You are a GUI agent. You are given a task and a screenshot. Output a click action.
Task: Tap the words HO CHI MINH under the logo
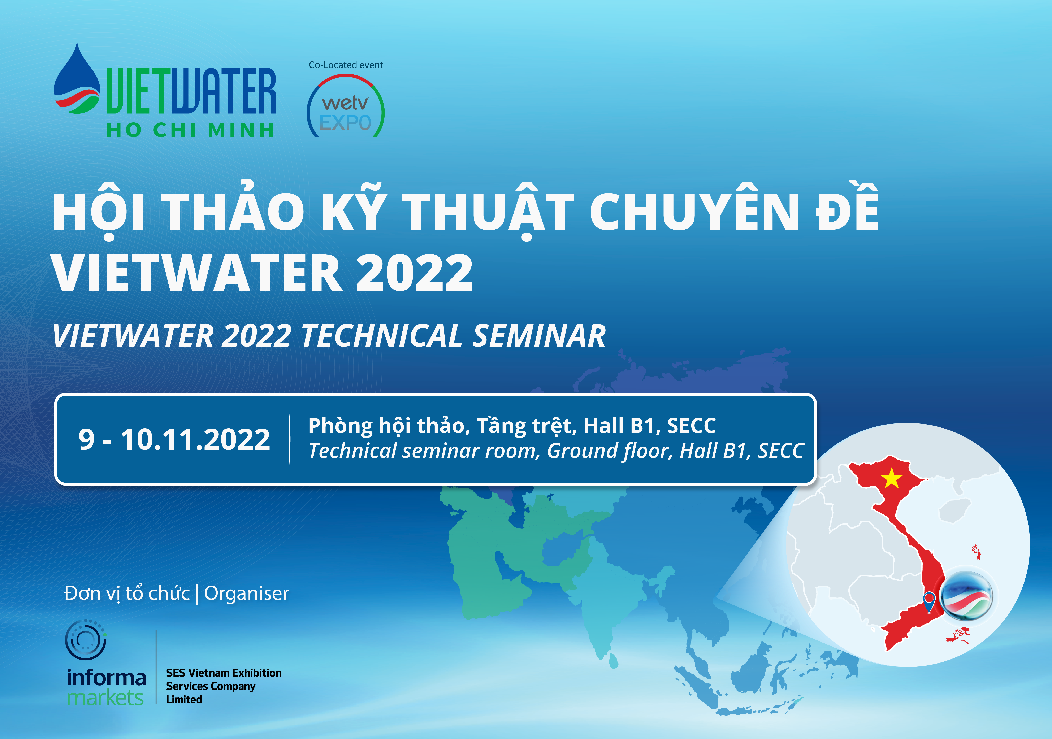click(191, 130)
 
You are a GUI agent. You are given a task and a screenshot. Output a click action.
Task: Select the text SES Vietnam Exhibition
click(224, 673)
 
